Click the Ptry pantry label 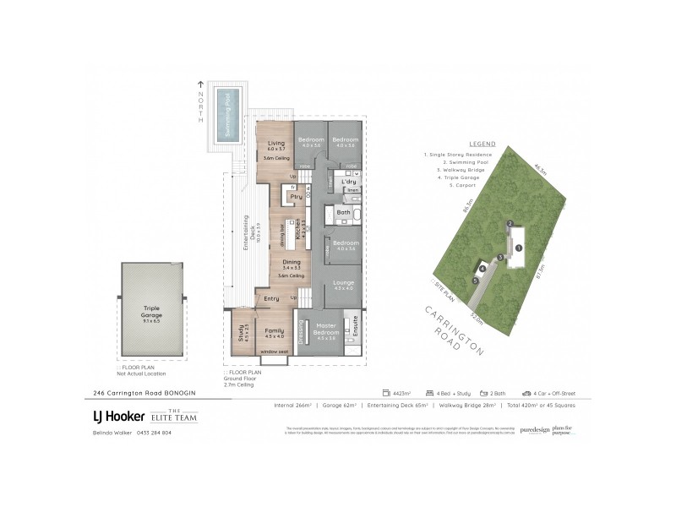(x=296, y=197)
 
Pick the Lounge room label (x=343, y=283)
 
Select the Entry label (x=272, y=298)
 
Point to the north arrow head (x=199, y=83)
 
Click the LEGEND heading (x=478, y=145)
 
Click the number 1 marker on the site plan (x=520, y=248)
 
